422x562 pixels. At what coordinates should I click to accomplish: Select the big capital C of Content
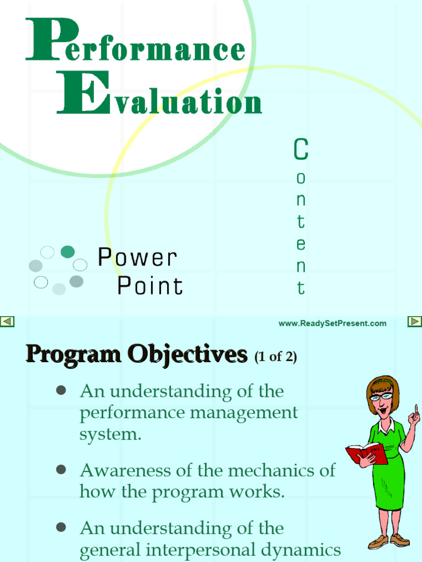[x=301, y=149]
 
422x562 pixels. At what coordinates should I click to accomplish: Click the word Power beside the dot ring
[x=137, y=257]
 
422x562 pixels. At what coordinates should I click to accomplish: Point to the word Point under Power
[x=150, y=286]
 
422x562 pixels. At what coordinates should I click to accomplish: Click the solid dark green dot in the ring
[x=68, y=252]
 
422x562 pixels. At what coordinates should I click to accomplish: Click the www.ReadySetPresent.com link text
[x=332, y=323]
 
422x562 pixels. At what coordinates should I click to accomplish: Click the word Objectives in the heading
[x=187, y=355]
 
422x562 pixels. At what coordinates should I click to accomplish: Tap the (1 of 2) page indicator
[x=275, y=357]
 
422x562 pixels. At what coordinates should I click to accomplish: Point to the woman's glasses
[x=381, y=396]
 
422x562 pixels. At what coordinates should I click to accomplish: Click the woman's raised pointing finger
[x=416, y=409]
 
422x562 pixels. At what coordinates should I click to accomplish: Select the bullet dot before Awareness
[x=61, y=470]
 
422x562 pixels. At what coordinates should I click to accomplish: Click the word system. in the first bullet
[x=110, y=435]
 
